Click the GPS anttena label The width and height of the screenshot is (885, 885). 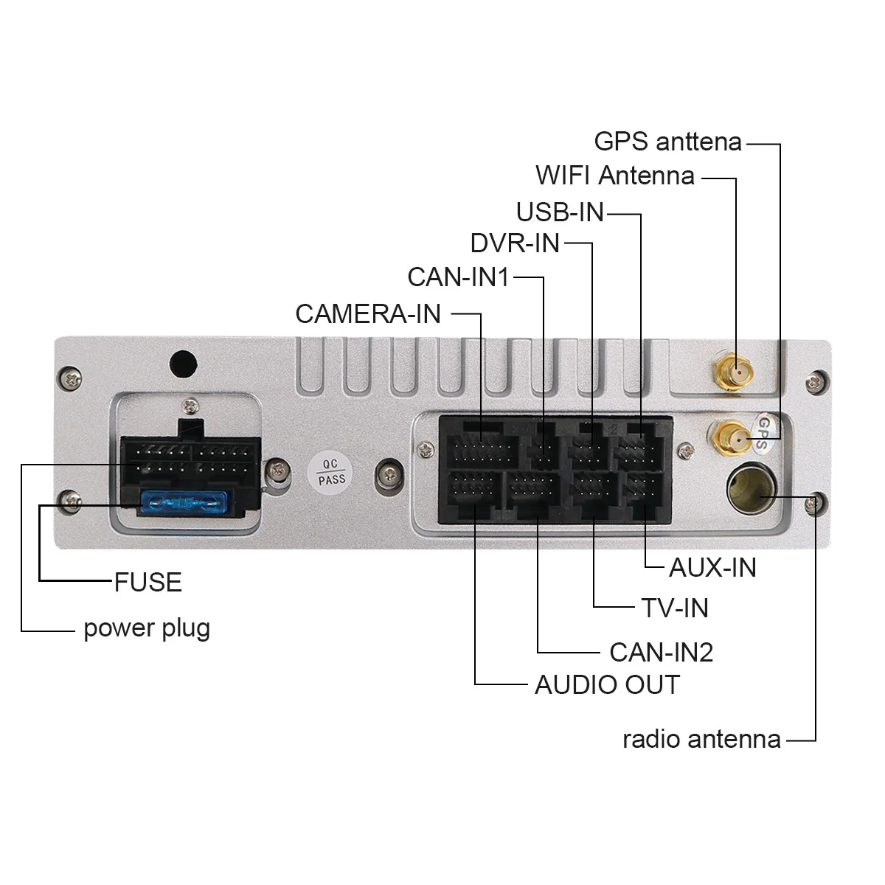667,142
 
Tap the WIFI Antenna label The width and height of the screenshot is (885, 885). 614,176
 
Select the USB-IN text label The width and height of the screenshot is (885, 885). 560,212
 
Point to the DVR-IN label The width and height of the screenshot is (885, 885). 515,243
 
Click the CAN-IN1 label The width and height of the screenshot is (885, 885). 458,277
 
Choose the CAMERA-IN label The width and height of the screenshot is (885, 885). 368,314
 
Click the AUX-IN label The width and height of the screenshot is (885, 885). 712,568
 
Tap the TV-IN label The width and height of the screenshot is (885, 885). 674,608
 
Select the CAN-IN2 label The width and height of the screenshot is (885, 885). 661,653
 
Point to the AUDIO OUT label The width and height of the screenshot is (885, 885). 606,685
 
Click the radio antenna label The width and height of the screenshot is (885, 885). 701,739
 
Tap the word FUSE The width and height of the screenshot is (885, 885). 147,583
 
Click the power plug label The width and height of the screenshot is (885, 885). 147,628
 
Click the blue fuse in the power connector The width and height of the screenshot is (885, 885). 181,504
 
